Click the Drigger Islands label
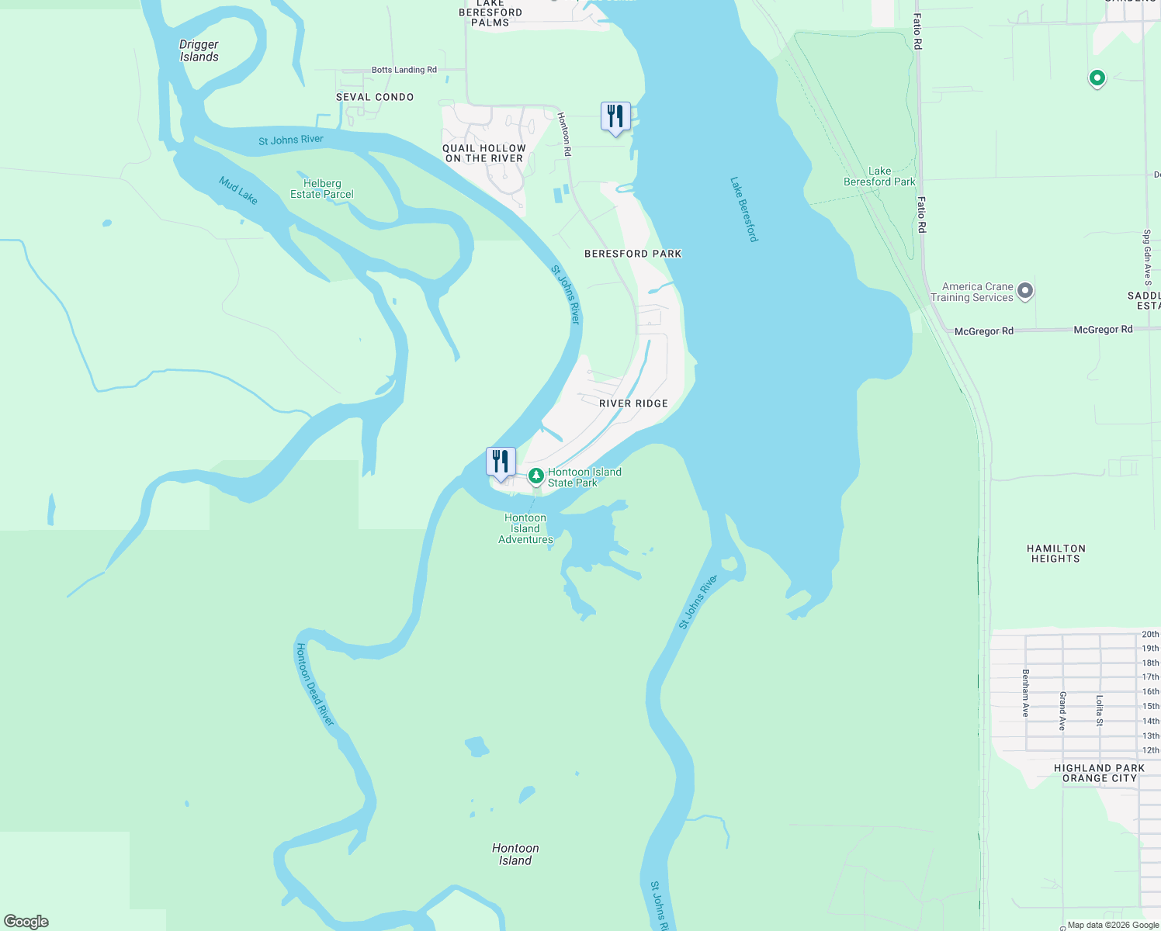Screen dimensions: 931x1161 199,50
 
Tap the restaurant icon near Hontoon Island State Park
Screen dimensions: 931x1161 501,462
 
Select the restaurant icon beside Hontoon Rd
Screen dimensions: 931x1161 615,116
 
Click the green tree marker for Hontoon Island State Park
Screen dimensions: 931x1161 535,476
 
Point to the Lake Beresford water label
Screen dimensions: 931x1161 743,209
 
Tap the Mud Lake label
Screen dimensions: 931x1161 237,190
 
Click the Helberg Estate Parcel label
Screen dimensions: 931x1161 321,189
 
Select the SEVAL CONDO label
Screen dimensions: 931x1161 374,97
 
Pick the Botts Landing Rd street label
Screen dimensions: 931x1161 404,70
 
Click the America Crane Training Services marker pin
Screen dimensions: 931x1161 1025,291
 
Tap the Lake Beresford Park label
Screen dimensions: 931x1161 879,176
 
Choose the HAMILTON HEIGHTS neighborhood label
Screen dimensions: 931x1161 1055,553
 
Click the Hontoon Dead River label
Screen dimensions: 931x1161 314,684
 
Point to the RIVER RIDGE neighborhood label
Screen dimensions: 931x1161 633,403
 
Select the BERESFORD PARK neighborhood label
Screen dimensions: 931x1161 632,254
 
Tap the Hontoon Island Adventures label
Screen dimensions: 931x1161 525,528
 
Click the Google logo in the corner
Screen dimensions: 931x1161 26,921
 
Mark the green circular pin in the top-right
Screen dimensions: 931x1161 1097,78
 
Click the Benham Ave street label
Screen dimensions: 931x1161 1025,692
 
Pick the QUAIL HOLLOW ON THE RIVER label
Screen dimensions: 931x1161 484,153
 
